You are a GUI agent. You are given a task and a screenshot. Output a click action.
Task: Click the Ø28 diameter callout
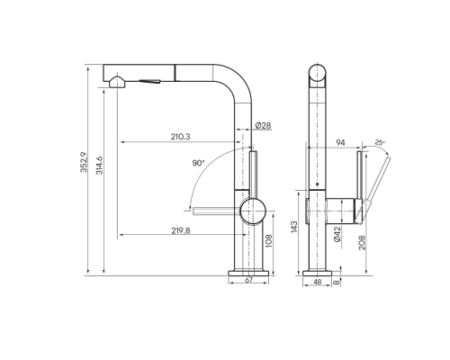[x=264, y=124]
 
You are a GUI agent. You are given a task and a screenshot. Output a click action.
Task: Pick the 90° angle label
[x=199, y=163]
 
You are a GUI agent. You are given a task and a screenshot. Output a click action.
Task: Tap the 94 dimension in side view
[x=341, y=141]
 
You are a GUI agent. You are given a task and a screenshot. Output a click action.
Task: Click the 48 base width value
[x=318, y=282]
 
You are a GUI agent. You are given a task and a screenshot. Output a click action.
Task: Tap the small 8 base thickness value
[x=337, y=282]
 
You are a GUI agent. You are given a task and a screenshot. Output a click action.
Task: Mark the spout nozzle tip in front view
[x=113, y=84]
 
